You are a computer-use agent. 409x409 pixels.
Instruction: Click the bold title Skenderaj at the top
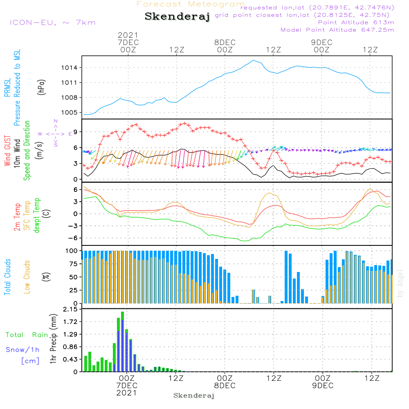pyautogui.click(x=177, y=17)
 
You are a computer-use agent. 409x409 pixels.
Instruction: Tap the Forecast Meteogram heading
pyautogui.click(x=191, y=4)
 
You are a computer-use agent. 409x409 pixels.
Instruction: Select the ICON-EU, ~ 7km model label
pyautogui.click(x=52, y=22)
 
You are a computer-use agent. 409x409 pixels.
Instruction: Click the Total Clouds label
pyautogui.click(x=7, y=277)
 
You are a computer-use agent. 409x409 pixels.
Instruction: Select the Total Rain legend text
pyautogui.click(x=27, y=335)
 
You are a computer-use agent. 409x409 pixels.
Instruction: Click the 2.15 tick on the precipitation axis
pyautogui.click(x=70, y=310)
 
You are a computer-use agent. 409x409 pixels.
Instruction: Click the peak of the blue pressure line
pyautogui.click(x=253, y=60)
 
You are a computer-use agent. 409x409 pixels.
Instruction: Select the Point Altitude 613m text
pyautogui.click(x=356, y=22)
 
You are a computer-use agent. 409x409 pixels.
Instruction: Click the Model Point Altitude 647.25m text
pyautogui.click(x=337, y=30)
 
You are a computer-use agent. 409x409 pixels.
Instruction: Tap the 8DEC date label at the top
pyautogui.click(x=225, y=43)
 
